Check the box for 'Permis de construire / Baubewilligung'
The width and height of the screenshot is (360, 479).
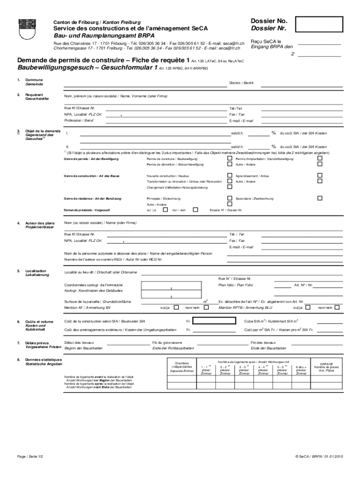tap(230, 159)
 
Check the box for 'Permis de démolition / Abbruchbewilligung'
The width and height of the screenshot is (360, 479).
tap(230, 165)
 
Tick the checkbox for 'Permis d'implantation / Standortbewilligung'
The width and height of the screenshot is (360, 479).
tap(320, 159)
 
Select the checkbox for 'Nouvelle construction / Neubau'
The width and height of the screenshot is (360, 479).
tap(230, 175)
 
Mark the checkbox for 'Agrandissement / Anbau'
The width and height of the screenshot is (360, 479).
tap(320, 175)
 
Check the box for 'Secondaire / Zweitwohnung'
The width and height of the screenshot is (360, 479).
tap(320, 198)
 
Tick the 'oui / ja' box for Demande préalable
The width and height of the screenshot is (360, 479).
tap(165, 210)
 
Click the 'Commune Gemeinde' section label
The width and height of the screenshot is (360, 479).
tap(34, 82)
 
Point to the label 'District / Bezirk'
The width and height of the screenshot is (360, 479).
tap(241, 82)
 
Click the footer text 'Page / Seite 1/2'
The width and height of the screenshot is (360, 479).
tap(30, 456)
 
